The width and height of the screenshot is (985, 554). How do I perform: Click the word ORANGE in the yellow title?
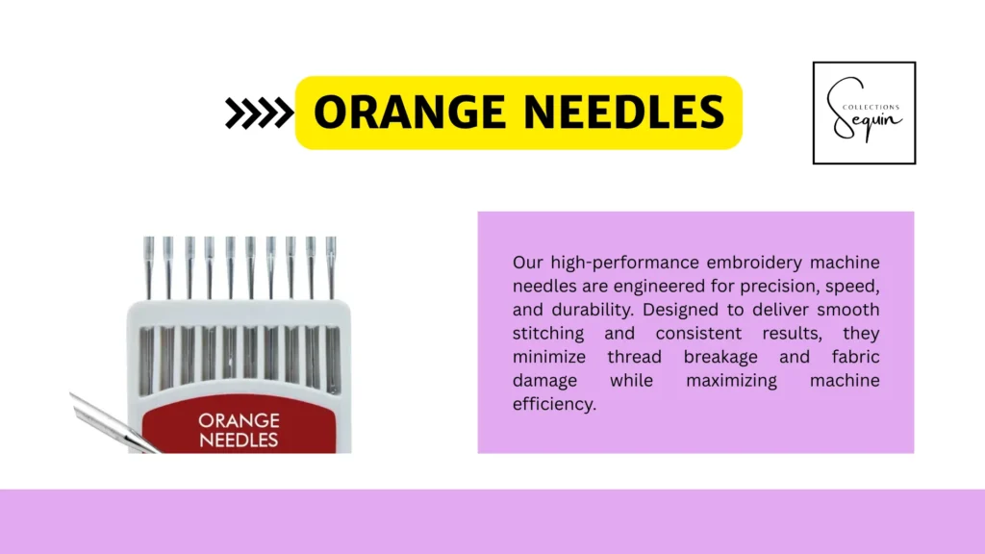[x=408, y=113]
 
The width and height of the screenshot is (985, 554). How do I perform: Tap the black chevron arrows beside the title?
[x=258, y=113]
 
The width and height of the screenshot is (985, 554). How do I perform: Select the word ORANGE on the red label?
[x=239, y=420]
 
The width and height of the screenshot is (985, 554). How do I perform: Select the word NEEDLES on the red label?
[x=239, y=441]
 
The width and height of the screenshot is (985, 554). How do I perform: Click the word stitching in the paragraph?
[x=548, y=334]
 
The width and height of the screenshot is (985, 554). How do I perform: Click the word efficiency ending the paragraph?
[x=554, y=404]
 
